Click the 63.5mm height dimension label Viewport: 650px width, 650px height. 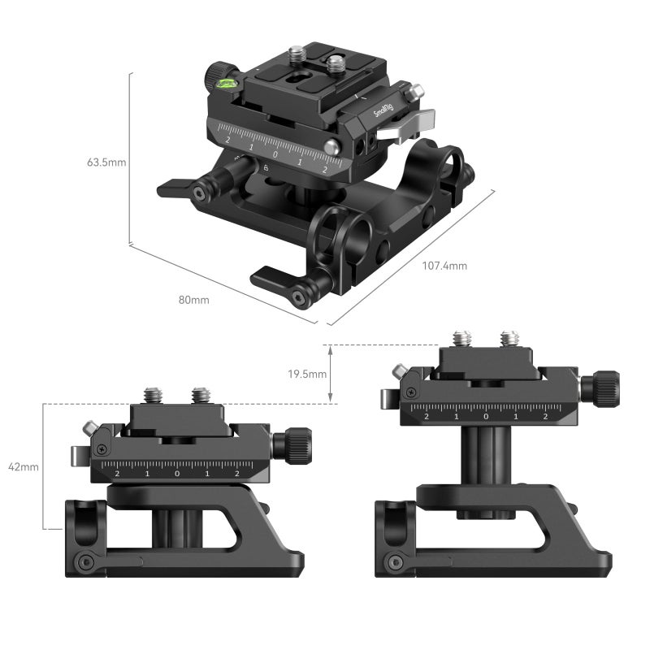click(x=106, y=162)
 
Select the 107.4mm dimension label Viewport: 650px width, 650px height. click(x=444, y=266)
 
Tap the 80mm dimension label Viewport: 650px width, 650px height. click(x=194, y=300)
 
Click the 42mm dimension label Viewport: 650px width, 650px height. click(x=24, y=467)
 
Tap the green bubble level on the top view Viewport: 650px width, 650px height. click(x=225, y=80)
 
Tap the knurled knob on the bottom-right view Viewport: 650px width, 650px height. click(x=605, y=388)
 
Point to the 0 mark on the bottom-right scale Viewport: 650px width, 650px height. click(x=486, y=416)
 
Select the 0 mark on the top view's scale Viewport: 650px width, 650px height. click(x=275, y=154)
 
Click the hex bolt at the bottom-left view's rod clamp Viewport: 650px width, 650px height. click(x=83, y=561)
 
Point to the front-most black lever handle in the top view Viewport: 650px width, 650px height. click(x=280, y=280)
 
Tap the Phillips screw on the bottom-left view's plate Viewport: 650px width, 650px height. click(x=102, y=448)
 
